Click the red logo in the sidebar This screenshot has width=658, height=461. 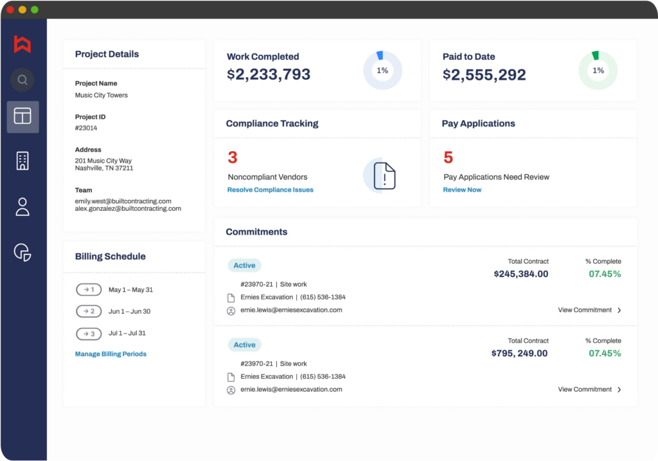22,44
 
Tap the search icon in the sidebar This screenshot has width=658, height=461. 22,80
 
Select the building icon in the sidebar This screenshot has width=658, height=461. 22,161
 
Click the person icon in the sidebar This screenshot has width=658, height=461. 22,207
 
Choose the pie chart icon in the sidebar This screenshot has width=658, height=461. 22,252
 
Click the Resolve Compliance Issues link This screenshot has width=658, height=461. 270,190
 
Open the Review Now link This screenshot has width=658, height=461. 462,190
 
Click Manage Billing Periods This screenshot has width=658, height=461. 111,354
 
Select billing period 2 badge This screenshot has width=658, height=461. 89,311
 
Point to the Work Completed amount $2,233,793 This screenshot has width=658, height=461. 269,75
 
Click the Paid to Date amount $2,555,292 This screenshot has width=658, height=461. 485,75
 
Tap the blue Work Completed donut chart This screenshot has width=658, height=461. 382,70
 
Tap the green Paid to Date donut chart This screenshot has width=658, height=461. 598,70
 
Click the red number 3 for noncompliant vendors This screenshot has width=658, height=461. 233,158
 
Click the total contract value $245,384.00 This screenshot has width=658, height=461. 520,274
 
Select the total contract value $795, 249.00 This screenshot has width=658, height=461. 519,353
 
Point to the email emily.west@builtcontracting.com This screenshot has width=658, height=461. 123,201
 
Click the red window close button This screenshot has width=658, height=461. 10,10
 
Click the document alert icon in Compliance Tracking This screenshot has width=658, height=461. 384,176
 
